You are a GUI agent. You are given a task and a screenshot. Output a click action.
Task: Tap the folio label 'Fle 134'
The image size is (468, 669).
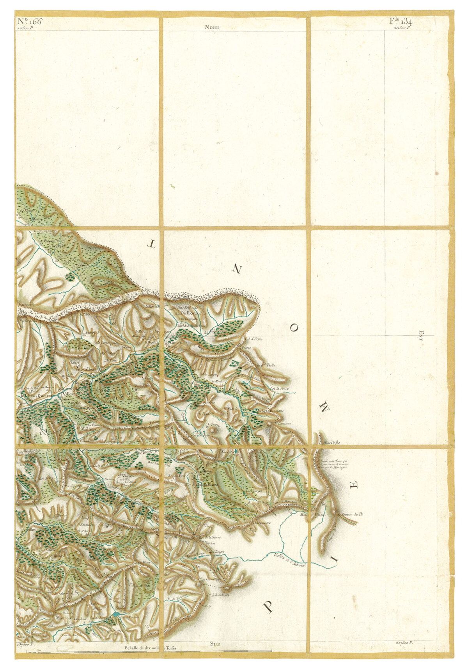[401, 21]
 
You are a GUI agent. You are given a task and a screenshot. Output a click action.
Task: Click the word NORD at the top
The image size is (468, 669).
[212, 27]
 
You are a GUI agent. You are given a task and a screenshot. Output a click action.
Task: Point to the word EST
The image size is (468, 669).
[421, 335]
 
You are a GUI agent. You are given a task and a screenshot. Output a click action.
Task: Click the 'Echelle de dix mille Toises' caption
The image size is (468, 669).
[151, 648]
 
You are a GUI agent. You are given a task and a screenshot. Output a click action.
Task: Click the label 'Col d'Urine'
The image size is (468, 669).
[253, 339]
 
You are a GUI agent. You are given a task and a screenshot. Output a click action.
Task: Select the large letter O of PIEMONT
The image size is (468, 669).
[294, 329]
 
